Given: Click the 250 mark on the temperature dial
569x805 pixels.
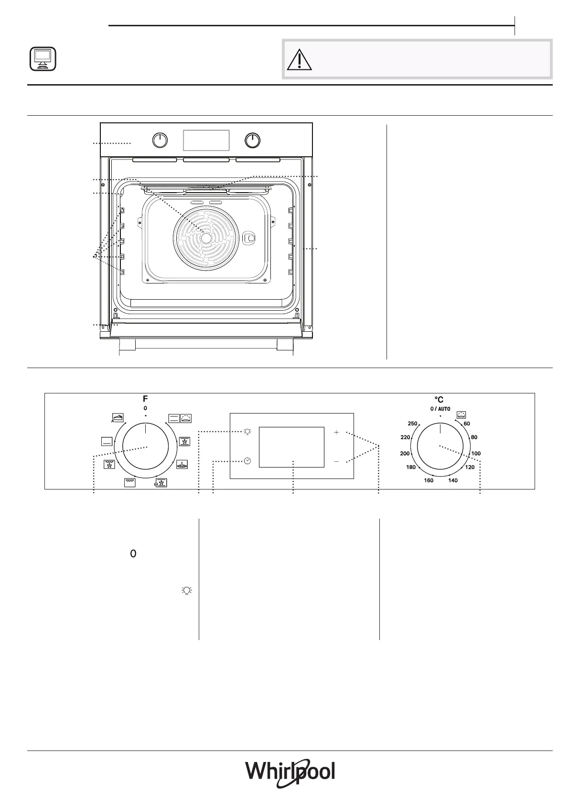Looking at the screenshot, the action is click(x=412, y=424).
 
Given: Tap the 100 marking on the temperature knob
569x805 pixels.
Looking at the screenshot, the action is click(x=476, y=454).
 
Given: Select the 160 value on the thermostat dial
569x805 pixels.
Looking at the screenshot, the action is click(x=429, y=480).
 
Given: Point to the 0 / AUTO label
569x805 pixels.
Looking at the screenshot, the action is click(x=440, y=409).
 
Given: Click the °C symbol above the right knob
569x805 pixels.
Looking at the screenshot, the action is click(x=439, y=400).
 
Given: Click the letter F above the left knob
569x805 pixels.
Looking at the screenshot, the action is click(x=145, y=399).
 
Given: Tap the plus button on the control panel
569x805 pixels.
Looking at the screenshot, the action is click(x=336, y=432).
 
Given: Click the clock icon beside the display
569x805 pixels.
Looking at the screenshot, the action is click(x=247, y=461).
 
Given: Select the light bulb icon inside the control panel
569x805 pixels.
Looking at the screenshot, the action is click(x=247, y=432).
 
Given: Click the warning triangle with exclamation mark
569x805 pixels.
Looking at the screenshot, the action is click(x=299, y=60).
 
